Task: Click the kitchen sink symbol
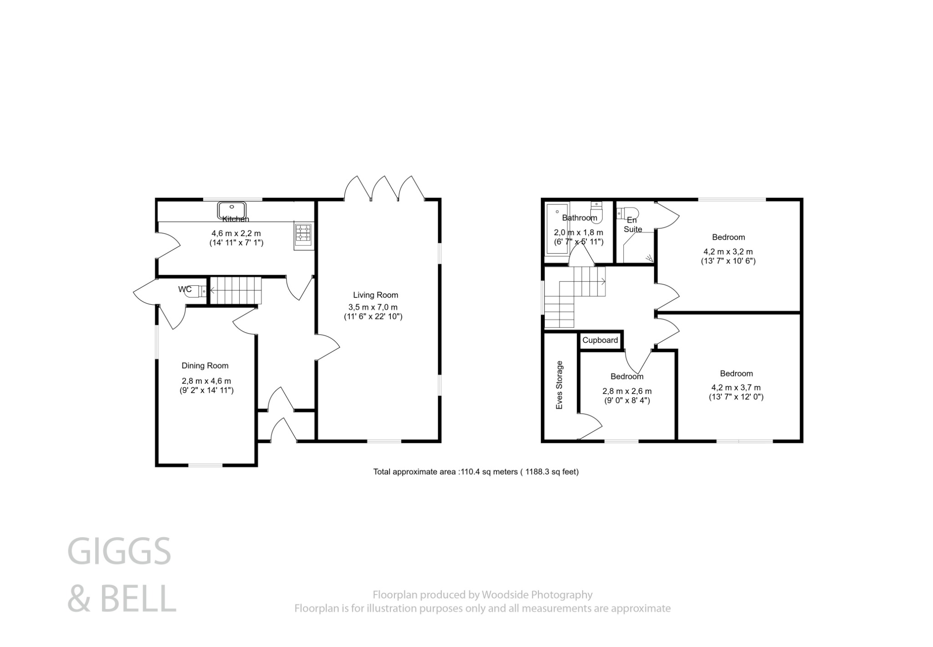pyautogui.click(x=232, y=211)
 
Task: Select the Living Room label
pyautogui.click(x=375, y=295)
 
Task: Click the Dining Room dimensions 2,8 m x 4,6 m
pyautogui.click(x=206, y=381)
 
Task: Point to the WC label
pyautogui.click(x=185, y=289)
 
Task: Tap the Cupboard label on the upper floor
pyautogui.click(x=600, y=340)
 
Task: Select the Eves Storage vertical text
pyautogui.click(x=560, y=385)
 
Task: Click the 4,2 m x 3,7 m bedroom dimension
pyautogui.click(x=736, y=388)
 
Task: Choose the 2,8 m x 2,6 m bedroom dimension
pyautogui.click(x=627, y=391)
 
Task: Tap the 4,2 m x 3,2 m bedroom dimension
pyautogui.click(x=728, y=252)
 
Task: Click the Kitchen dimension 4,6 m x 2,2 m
pyautogui.click(x=236, y=233)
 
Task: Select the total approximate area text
pyautogui.click(x=476, y=472)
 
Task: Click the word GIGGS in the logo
pyautogui.click(x=119, y=551)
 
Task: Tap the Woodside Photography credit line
pyautogui.click(x=482, y=595)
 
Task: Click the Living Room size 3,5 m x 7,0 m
pyautogui.click(x=373, y=307)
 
